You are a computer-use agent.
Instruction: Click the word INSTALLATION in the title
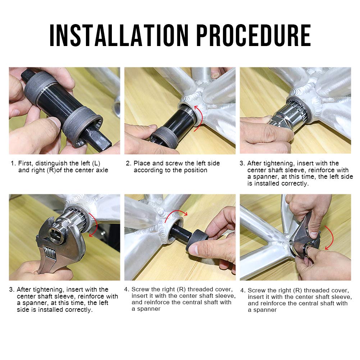(119, 35)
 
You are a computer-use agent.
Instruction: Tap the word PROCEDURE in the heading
(254, 35)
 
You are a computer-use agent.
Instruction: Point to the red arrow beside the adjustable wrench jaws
(94, 224)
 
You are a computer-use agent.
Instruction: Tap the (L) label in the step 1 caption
(96, 164)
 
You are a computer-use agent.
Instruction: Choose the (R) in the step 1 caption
(51, 170)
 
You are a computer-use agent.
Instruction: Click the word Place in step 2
(142, 163)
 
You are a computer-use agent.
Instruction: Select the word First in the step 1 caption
(26, 164)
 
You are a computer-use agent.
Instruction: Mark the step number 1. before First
(13, 164)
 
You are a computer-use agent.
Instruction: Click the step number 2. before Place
(128, 163)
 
